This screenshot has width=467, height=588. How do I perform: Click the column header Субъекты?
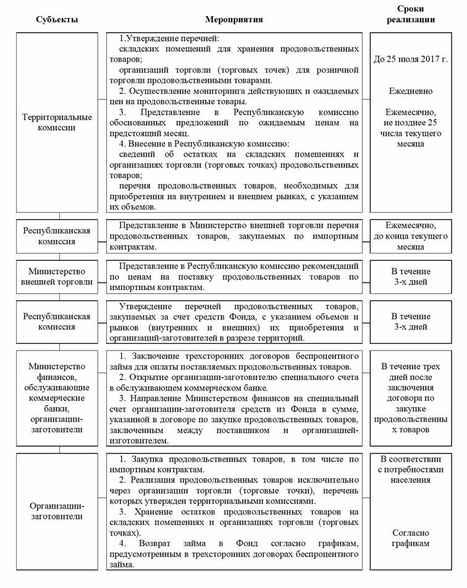pyautogui.click(x=57, y=19)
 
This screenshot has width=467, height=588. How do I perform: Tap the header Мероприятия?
pyautogui.click(x=234, y=19)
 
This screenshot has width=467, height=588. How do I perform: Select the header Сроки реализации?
pyautogui.click(x=411, y=14)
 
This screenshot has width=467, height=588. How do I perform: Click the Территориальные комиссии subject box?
pyautogui.click(x=57, y=122)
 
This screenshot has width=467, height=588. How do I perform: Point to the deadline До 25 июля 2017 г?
pyautogui.click(x=411, y=60)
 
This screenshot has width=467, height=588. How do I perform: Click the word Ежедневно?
pyautogui.click(x=411, y=91)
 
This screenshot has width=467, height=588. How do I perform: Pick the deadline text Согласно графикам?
pyautogui.click(x=411, y=538)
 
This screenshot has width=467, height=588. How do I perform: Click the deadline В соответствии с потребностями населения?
pyautogui.click(x=411, y=470)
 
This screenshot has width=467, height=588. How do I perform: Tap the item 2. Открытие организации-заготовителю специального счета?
pyautogui.click(x=235, y=383)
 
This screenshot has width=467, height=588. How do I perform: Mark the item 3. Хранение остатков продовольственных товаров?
pyautogui.click(x=235, y=517)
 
